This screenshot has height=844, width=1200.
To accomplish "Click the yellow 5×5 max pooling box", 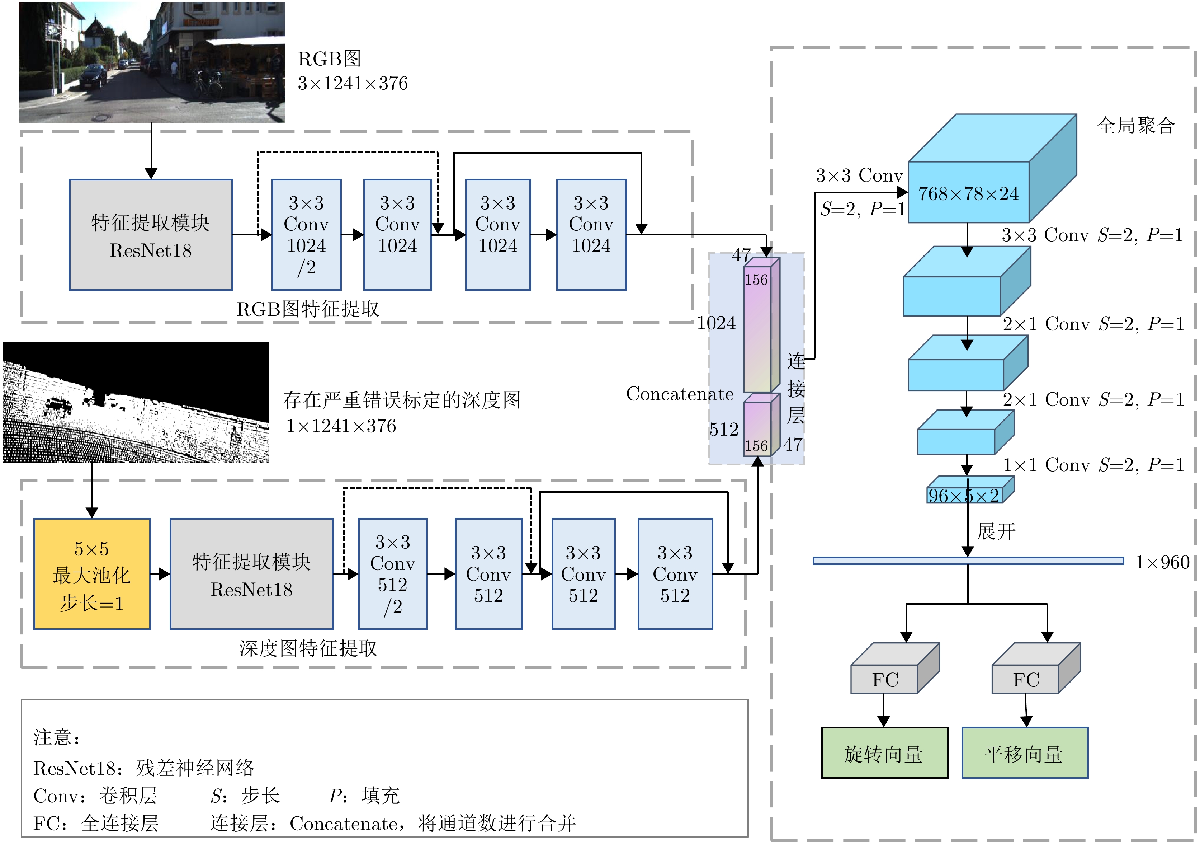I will pos(92,574).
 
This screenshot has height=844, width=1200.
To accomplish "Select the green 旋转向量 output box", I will pos(884,753).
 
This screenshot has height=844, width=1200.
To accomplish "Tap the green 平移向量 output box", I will pos(1024,753).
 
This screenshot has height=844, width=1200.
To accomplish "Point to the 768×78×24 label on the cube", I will pos(968,193).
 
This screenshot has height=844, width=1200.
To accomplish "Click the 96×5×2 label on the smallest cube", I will pos(964,496).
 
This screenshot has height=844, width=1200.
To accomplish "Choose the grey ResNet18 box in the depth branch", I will pos(251,574).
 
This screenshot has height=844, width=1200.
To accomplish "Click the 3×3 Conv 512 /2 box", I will pos(392,574).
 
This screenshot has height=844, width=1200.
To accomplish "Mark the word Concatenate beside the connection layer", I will pos(680,394).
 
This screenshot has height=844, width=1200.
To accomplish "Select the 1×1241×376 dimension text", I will pos(341,426).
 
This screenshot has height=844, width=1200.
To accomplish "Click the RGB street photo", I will pos(152,62).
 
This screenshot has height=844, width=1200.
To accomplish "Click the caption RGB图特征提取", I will pos(307,309).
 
